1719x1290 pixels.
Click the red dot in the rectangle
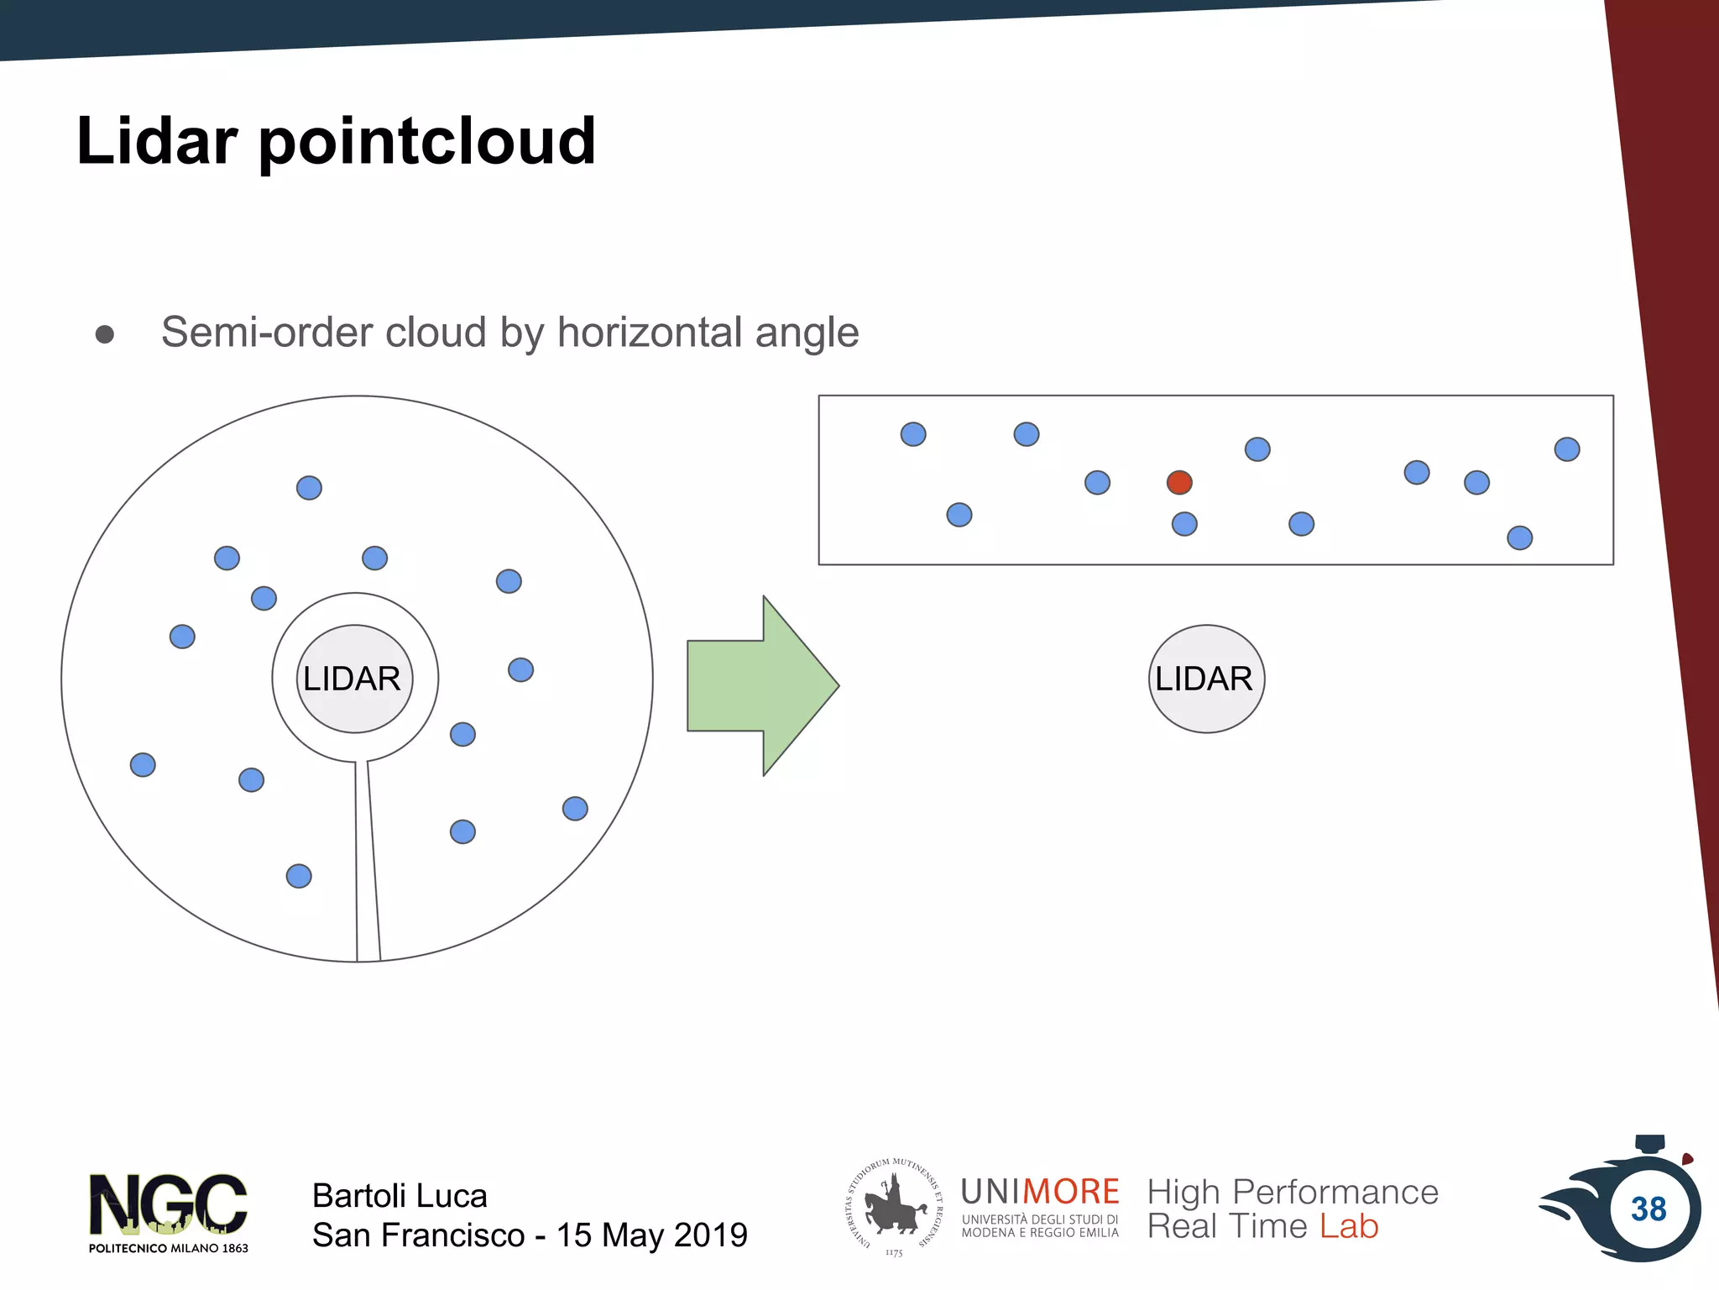(x=1179, y=482)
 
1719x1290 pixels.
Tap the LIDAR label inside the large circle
(x=353, y=679)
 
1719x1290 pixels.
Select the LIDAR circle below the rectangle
(x=1205, y=679)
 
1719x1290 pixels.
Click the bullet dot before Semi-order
(x=105, y=334)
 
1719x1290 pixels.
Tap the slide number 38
(x=1648, y=1209)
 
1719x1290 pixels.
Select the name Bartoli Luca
(x=400, y=1195)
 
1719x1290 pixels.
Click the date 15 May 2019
(x=651, y=1235)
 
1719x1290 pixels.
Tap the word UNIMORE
(x=1039, y=1192)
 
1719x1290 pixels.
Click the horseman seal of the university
(x=894, y=1207)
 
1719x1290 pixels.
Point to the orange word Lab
(x=1348, y=1226)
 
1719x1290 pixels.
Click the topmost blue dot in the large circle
(x=309, y=488)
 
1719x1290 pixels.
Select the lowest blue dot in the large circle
(x=299, y=876)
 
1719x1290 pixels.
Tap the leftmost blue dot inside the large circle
(x=143, y=764)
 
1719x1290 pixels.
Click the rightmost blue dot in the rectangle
(x=1566, y=449)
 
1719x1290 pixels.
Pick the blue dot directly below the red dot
(x=1183, y=524)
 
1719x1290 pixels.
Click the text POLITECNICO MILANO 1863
(x=168, y=1248)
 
